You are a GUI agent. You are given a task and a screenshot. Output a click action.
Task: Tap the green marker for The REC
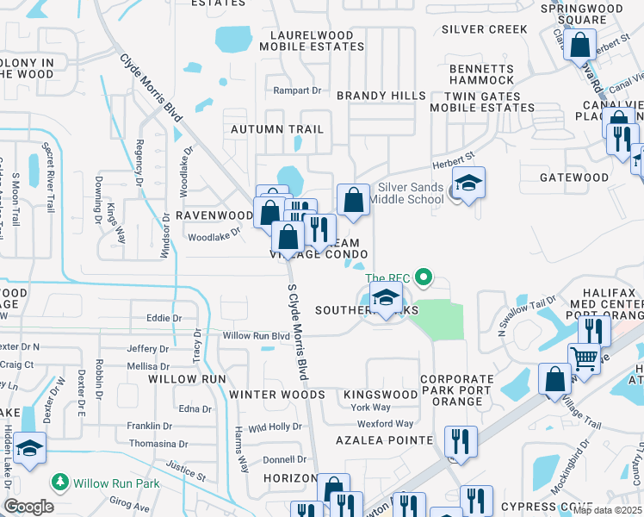(x=422, y=277)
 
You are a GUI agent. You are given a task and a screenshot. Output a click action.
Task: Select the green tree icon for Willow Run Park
(x=60, y=483)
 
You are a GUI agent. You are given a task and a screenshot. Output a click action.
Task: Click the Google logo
(x=28, y=507)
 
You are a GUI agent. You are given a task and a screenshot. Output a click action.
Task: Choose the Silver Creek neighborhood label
(x=484, y=28)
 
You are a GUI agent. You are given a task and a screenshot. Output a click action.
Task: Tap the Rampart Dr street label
(x=296, y=90)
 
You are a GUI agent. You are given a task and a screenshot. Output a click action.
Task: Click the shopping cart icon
(x=584, y=357)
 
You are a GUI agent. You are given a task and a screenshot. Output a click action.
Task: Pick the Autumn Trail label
(x=276, y=129)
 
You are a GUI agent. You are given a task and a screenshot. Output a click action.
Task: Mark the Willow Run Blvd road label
(x=256, y=335)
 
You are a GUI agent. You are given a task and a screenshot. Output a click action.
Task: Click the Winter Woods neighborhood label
(x=276, y=395)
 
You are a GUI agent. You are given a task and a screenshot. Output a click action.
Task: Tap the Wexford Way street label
(x=385, y=424)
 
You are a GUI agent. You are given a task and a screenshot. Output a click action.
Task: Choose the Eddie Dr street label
(x=164, y=318)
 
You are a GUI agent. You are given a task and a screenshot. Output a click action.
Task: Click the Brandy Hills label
(x=381, y=95)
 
